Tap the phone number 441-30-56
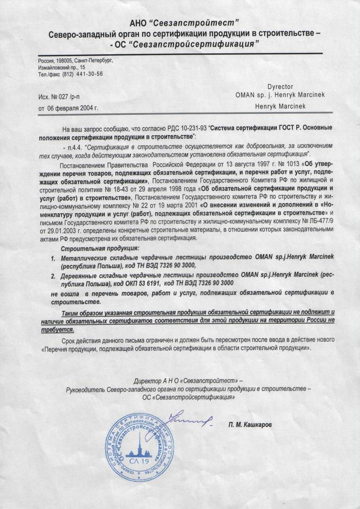click(x=88, y=74)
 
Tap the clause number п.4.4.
click(x=73, y=148)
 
